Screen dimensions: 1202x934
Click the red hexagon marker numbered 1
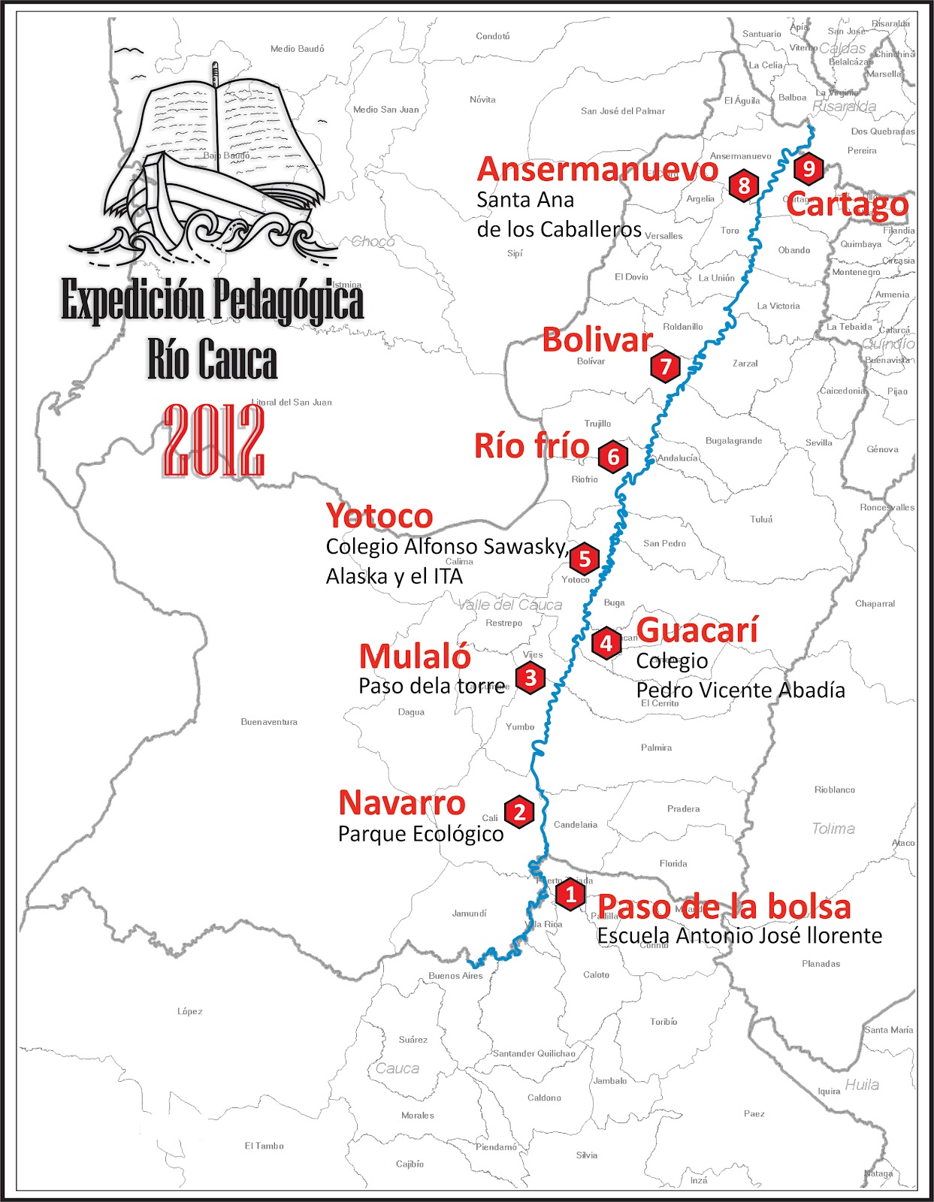point(570,895)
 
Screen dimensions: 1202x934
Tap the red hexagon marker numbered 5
point(584,559)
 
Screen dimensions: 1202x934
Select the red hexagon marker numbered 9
point(809,168)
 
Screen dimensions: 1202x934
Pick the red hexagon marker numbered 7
point(665,367)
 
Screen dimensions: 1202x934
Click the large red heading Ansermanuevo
point(597,170)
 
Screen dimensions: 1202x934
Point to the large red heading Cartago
point(848,204)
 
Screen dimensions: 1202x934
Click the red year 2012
point(213,441)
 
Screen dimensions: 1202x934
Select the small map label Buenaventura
point(269,722)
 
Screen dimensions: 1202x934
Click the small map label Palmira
point(656,747)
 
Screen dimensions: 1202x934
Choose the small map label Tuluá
point(761,519)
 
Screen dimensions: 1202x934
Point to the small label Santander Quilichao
point(533,1053)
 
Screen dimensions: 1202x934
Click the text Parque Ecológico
point(421,834)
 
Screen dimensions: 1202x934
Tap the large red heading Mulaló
point(415,657)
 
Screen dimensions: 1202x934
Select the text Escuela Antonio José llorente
point(739,936)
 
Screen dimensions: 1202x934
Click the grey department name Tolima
point(833,829)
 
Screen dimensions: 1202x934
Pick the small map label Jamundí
point(469,914)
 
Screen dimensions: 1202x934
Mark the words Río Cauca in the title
point(213,361)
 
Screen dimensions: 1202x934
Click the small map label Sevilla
point(818,442)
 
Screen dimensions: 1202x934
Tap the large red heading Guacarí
point(697,630)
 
